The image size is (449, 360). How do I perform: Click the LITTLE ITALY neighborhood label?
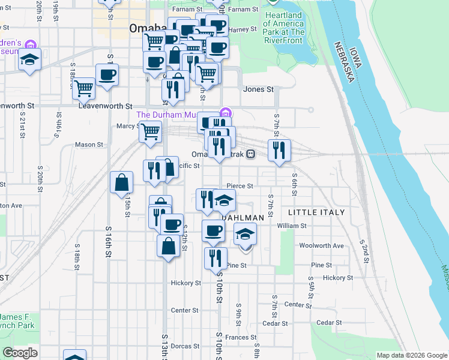coord(316,212)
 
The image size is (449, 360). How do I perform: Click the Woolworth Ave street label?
coord(321,245)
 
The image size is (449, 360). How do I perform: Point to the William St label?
coord(292,226)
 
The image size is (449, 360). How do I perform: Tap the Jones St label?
coord(258,89)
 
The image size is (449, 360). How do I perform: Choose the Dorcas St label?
coord(185,346)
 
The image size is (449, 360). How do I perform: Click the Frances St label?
coord(241,338)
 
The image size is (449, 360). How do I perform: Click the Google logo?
coord(20,353)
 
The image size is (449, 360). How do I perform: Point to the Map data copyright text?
coord(411,355)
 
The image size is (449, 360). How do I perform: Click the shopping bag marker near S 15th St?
coord(121,182)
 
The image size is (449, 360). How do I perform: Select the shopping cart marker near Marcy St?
coord(150,131)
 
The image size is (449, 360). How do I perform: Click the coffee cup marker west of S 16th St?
coord(107,75)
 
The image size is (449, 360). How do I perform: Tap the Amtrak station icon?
coord(250,154)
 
